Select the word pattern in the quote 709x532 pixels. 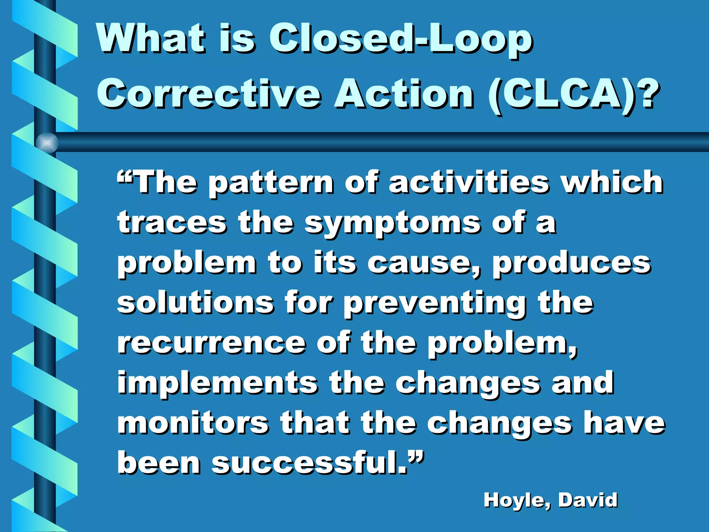coord(271,184)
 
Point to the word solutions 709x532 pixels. coord(196,303)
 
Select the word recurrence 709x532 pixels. coord(212,343)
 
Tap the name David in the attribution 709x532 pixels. coord(588,500)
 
